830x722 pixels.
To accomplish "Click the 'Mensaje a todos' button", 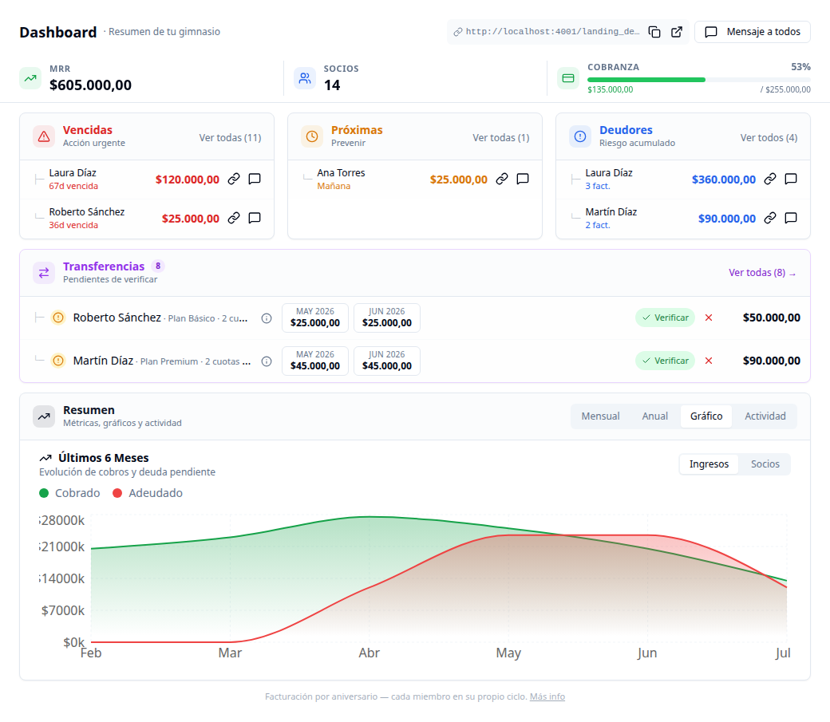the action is [752, 32].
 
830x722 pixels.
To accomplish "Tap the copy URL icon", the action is [654, 32].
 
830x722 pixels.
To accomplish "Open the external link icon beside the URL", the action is [677, 32].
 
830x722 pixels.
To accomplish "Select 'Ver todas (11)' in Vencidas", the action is [231, 138].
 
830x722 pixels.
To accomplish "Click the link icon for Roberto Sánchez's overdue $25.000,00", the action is [233, 218].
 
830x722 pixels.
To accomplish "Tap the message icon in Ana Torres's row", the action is [523, 179].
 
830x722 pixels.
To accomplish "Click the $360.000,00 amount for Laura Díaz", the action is [724, 180].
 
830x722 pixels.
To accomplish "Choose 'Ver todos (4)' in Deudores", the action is [769, 138].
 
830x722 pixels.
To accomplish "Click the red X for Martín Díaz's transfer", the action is [709, 361].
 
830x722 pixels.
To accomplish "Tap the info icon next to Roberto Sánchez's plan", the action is [267, 318].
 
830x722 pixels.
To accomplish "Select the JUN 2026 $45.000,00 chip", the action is [387, 361].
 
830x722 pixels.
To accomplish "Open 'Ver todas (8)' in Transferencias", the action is [762, 273].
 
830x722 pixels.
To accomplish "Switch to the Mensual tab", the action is [600, 416].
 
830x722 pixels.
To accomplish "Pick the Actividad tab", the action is [765, 416].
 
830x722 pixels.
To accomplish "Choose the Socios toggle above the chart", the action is [765, 464].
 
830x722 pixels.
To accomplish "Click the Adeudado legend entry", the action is [148, 493].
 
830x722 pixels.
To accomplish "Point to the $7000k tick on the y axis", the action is [62, 610].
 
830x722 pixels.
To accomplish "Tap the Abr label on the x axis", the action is [369, 653].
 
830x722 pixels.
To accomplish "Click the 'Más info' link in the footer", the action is [547, 696].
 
